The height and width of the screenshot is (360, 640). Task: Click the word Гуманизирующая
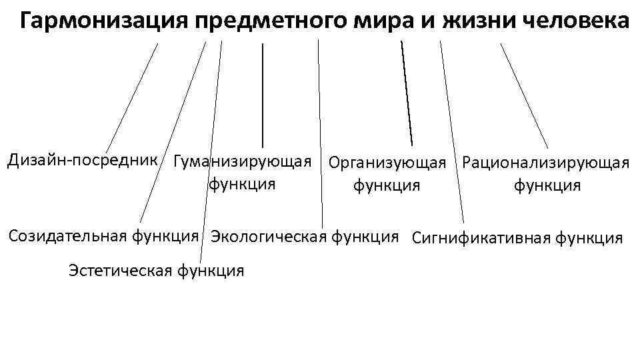241,162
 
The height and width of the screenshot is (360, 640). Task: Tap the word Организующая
387,163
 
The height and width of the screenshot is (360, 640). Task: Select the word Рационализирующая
545,163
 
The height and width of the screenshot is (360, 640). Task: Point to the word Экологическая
267,237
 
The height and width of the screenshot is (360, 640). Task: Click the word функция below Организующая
387,185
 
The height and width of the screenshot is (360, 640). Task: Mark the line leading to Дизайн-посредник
132,98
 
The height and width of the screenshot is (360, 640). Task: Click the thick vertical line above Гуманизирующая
262,93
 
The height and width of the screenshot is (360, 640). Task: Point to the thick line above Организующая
407,93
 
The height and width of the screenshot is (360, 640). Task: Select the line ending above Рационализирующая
524,95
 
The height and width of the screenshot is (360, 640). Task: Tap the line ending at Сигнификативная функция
452,133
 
